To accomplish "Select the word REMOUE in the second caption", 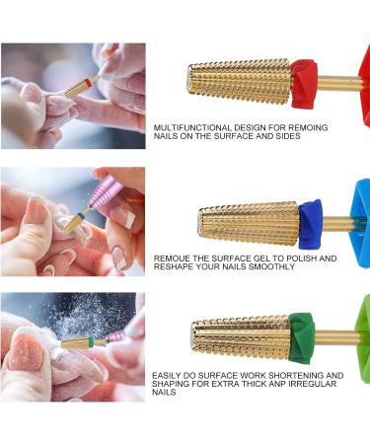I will [172, 259].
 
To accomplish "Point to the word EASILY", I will [166, 376].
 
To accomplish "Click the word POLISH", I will [290, 259].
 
